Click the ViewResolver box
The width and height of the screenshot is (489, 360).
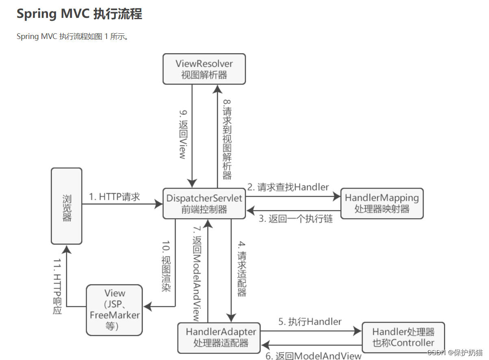tap(204, 69)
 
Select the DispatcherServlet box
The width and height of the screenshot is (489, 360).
tap(204, 204)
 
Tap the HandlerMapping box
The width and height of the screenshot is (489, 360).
tap(382, 203)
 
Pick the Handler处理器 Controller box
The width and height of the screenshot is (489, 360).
tap(403, 337)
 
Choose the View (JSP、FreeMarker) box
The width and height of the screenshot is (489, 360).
tap(115, 310)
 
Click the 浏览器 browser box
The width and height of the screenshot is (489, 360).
tap(67, 206)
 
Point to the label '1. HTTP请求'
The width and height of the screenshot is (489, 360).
tap(114, 197)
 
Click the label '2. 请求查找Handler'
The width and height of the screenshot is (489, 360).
tap(288, 187)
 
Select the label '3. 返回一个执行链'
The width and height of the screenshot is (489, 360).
tap(296, 219)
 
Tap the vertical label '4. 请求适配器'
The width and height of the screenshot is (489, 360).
tap(242, 269)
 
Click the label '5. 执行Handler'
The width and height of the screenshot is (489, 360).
tap(310, 322)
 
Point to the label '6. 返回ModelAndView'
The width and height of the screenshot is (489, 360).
tap(313, 356)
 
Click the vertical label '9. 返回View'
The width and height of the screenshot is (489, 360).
tap(183, 134)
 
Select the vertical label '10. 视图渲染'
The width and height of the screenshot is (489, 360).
tap(166, 268)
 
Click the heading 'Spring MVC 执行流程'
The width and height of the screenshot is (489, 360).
tap(79, 14)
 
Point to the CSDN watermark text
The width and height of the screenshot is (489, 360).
tap(455, 352)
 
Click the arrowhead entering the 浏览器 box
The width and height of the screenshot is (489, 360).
tap(67, 249)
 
